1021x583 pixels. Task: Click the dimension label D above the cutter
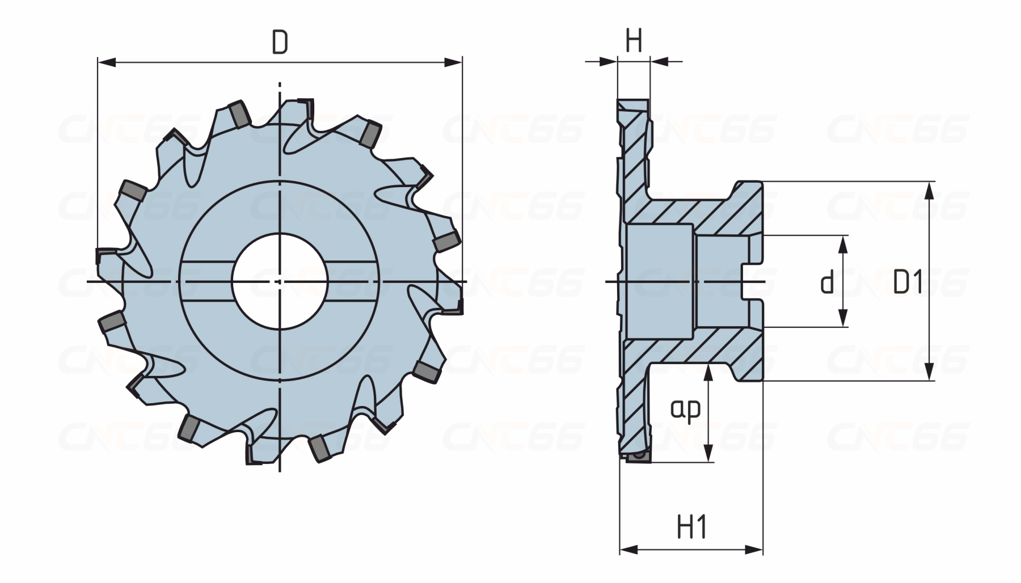click(x=280, y=43)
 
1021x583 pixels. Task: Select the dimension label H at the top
click(x=634, y=41)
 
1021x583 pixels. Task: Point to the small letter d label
click(x=827, y=282)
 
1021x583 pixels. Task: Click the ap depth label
click(x=686, y=409)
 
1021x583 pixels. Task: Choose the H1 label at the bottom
click(x=692, y=528)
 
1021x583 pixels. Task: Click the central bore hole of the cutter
click(x=280, y=281)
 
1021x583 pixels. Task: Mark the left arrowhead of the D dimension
click(x=107, y=62)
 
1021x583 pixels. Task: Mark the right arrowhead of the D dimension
click(x=453, y=62)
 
